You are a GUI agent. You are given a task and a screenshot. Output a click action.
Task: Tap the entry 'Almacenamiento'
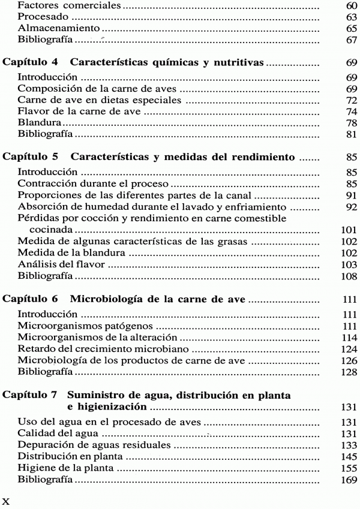click(x=50, y=29)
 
